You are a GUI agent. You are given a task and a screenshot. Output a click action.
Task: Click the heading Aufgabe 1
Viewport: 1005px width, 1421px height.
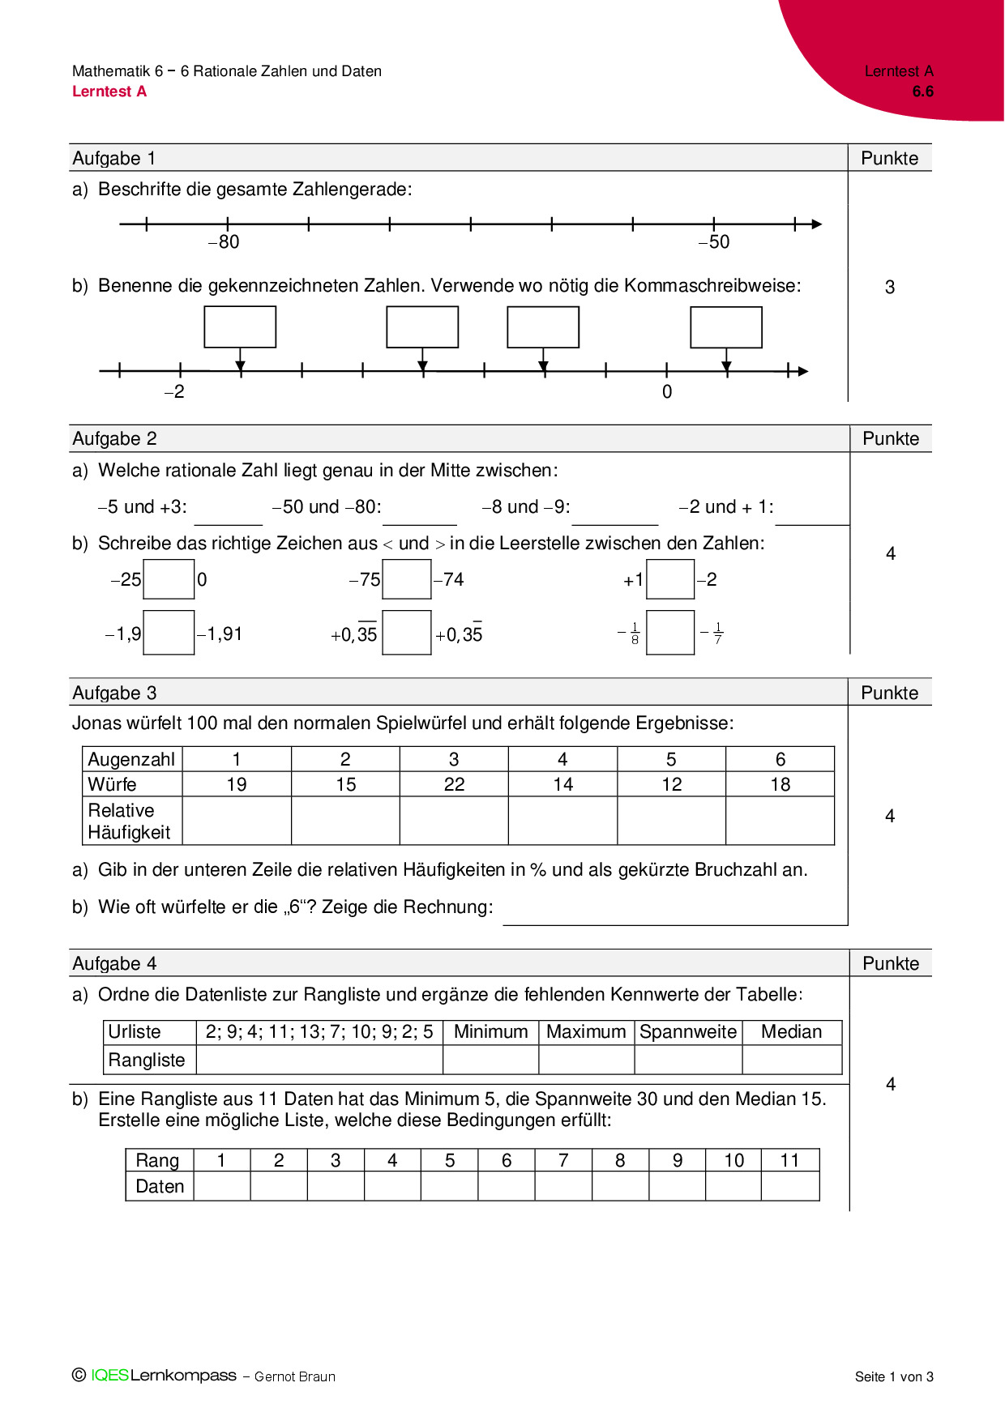114,158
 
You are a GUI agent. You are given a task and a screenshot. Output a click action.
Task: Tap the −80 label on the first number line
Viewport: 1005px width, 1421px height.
224,241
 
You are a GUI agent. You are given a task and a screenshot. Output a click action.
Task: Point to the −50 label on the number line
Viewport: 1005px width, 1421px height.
714,241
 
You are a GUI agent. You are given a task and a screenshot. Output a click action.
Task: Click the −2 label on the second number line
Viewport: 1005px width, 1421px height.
174,391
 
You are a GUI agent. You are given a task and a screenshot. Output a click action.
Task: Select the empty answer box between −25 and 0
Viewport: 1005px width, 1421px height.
169,579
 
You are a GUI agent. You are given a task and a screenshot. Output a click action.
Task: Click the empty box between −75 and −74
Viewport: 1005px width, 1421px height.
406,579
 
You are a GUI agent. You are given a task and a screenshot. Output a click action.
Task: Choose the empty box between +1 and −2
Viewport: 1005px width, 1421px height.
670,579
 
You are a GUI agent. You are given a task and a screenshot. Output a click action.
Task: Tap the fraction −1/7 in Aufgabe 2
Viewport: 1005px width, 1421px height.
712,633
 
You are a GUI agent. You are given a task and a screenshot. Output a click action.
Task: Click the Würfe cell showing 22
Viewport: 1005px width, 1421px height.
454,784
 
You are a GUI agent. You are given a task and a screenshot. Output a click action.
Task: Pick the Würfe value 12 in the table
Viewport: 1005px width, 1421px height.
671,784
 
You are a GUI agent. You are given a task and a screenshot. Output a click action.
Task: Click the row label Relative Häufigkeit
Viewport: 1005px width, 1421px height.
129,821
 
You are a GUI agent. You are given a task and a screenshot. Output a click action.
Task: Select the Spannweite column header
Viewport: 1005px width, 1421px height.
688,1031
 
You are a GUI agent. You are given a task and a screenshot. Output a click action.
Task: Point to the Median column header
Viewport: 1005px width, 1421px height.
791,1031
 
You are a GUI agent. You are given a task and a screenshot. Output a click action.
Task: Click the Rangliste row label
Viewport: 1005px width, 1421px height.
147,1060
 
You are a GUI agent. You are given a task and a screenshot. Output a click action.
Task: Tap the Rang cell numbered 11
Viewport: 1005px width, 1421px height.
789,1160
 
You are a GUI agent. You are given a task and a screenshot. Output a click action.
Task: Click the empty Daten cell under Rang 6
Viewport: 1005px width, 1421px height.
507,1186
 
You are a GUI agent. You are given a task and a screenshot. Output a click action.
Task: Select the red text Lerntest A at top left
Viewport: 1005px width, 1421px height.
109,92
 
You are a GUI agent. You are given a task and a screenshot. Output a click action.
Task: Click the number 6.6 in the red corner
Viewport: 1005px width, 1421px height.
922,92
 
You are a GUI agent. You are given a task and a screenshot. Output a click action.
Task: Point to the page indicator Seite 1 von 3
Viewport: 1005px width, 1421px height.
894,1376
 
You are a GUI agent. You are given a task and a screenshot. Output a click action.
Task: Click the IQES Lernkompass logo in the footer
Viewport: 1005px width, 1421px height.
163,1375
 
